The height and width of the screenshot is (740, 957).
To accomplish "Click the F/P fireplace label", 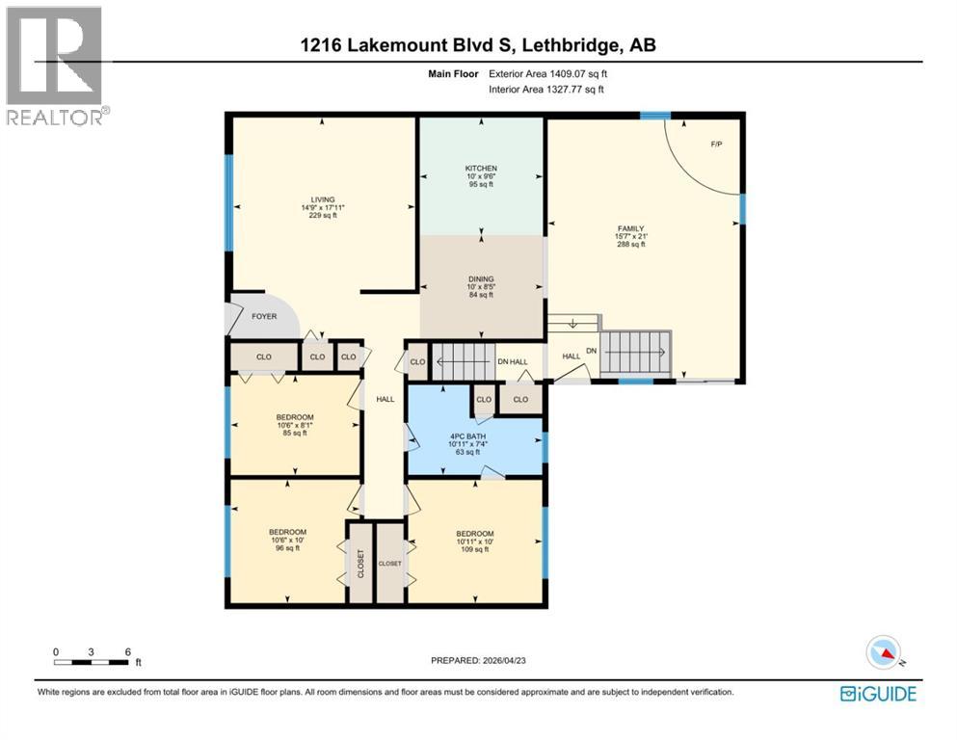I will (x=716, y=145).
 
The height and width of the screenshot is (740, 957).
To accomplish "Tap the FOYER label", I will (x=264, y=316).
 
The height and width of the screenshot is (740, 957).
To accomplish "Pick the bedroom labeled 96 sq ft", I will (x=287, y=541).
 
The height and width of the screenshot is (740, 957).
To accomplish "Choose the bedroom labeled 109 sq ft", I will (x=474, y=542).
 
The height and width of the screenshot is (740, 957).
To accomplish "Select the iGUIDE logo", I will (x=878, y=694).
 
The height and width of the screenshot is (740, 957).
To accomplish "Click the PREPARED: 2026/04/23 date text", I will (x=479, y=660).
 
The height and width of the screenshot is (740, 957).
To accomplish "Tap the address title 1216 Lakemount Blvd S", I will (x=479, y=45).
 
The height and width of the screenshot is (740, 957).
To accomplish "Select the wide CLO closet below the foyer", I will (x=263, y=357).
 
